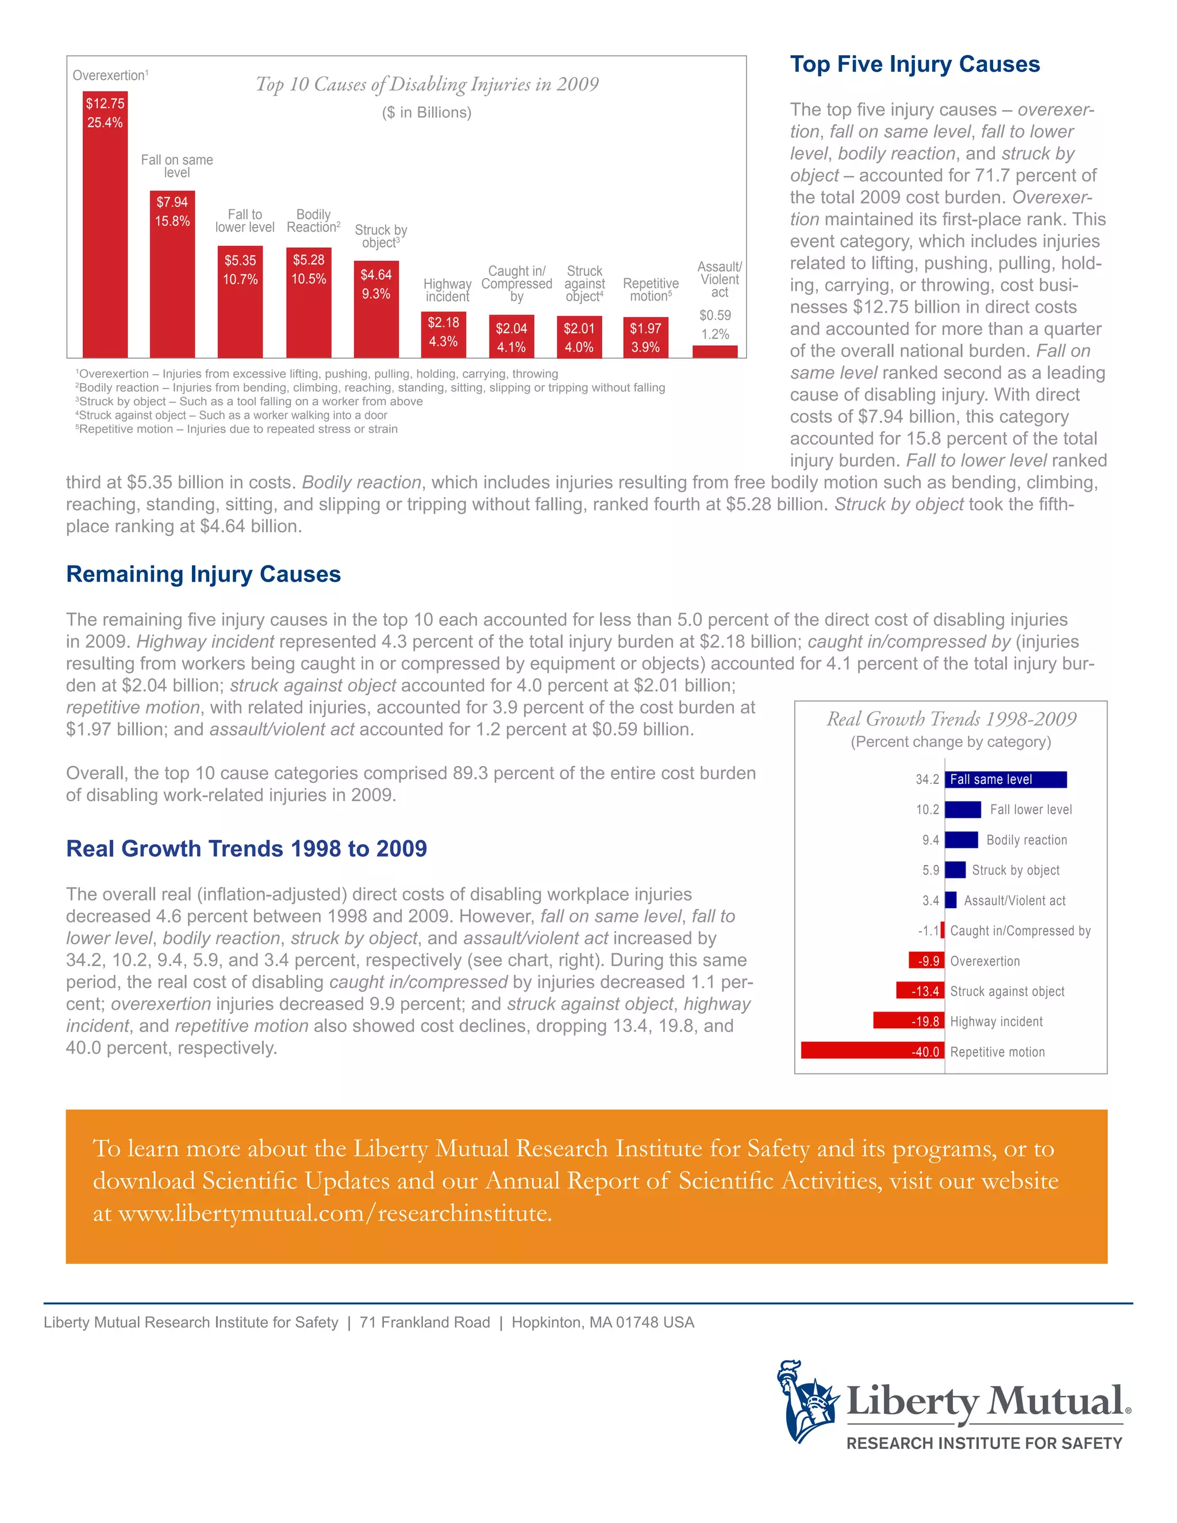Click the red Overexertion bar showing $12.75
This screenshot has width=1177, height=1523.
[x=105, y=230]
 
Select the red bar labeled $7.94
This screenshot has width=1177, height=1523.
[x=172, y=279]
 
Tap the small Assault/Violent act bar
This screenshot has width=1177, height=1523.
[x=715, y=352]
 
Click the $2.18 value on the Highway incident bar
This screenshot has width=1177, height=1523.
[x=444, y=322]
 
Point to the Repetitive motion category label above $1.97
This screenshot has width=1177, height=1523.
[x=650, y=290]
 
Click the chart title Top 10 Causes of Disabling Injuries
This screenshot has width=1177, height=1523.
[x=427, y=84]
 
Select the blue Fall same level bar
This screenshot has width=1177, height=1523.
[x=1006, y=779]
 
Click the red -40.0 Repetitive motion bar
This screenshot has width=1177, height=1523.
[x=872, y=1051]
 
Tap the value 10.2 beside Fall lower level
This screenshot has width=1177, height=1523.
[x=928, y=810]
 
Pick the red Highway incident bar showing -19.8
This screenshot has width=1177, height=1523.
[x=908, y=1021]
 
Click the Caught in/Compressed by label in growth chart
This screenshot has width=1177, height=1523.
[x=1020, y=930]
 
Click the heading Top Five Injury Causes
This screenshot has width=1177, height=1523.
[x=914, y=64]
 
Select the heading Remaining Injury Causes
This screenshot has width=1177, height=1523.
[x=203, y=574]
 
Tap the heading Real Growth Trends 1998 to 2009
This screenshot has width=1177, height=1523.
[x=246, y=849]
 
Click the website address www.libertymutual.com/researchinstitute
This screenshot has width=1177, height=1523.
[x=334, y=1213]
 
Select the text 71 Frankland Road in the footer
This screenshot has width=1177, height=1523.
[x=425, y=1323]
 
